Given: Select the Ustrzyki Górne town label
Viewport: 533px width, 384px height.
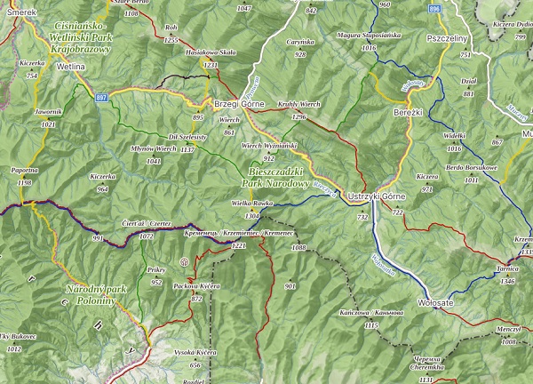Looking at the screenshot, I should point(378,195).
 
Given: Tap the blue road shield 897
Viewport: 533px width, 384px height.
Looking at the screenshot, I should point(102,96).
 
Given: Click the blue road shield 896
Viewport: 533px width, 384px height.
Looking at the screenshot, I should point(433,8).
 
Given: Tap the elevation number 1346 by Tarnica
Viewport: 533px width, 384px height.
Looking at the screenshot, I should point(507,280).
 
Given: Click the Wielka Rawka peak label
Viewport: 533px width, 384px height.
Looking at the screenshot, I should point(251,204).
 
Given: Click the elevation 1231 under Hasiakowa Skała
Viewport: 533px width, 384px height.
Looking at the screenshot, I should point(211,65).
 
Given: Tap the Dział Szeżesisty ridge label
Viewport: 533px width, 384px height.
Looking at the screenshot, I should point(187,137).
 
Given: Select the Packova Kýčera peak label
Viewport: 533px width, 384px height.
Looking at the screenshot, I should point(196,286).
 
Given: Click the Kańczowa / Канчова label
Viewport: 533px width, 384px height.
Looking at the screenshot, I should point(365,312).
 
